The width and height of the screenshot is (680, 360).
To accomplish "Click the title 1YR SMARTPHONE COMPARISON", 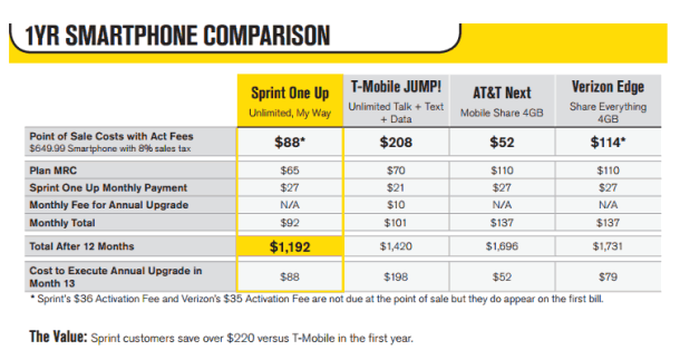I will click(177, 36).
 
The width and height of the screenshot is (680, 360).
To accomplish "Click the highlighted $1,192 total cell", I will click(290, 247).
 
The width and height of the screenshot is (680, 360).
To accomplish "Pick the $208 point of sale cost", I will click(396, 142).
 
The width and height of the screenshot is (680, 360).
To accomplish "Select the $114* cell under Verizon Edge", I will click(608, 142).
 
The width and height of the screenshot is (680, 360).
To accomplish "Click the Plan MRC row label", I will click(53, 170).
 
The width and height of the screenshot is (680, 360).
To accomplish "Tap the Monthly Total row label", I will click(62, 223).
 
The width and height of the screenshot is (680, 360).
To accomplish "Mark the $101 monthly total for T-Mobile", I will click(396, 223).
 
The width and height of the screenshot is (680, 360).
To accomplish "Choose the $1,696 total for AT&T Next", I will click(502, 247).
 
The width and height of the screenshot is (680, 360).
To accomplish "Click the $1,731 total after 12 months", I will click(608, 247).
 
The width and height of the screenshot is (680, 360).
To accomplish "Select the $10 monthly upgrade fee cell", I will click(396, 205).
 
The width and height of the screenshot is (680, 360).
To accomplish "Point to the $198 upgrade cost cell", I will click(396, 277).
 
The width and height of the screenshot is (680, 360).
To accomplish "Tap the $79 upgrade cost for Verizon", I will click(608, 277).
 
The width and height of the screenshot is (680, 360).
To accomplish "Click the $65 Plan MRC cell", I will click(290, 170).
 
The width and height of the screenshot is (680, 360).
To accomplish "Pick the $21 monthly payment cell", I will click(396, 187).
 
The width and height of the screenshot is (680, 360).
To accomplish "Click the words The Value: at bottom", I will click(58, 337).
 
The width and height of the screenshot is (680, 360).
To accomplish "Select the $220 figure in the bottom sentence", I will click(241, 338).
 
